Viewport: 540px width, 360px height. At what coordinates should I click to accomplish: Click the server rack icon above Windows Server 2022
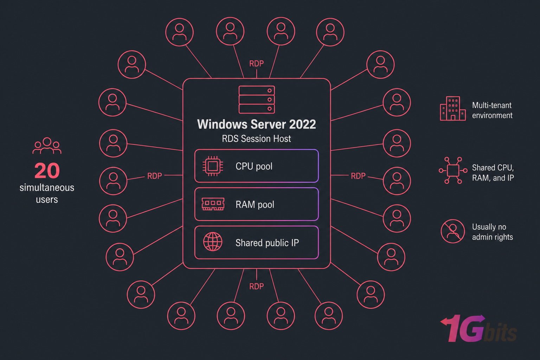257,99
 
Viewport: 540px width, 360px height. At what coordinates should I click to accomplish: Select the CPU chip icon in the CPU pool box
213,166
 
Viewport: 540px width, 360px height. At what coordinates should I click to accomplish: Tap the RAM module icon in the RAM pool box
213,204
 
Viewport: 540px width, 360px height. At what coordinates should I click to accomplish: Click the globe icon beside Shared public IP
213,242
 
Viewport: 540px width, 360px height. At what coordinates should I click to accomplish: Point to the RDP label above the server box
256,64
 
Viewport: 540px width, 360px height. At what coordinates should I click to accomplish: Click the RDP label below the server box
256,287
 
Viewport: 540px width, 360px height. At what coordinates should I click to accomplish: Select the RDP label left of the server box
154,176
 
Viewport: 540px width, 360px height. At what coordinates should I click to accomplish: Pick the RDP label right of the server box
358,176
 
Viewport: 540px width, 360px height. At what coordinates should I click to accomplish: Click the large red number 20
47,171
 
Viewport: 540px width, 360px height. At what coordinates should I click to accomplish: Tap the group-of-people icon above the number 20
47,146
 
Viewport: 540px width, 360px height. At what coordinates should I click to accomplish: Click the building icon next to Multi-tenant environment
452,109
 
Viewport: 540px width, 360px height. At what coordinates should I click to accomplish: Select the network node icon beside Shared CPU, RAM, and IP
453,171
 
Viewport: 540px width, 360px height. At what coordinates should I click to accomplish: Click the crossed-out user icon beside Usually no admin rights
453,231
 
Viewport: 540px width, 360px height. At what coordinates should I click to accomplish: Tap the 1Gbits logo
478,329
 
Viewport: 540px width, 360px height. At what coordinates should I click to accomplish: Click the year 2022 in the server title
302,124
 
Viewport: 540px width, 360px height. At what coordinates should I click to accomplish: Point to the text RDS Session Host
256,139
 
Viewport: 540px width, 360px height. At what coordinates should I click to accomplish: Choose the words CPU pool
254,166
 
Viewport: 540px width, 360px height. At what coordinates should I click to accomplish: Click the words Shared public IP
267,243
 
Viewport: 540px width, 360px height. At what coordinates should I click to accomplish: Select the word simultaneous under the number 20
47,188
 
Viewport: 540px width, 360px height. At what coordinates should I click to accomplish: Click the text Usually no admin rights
492,232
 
